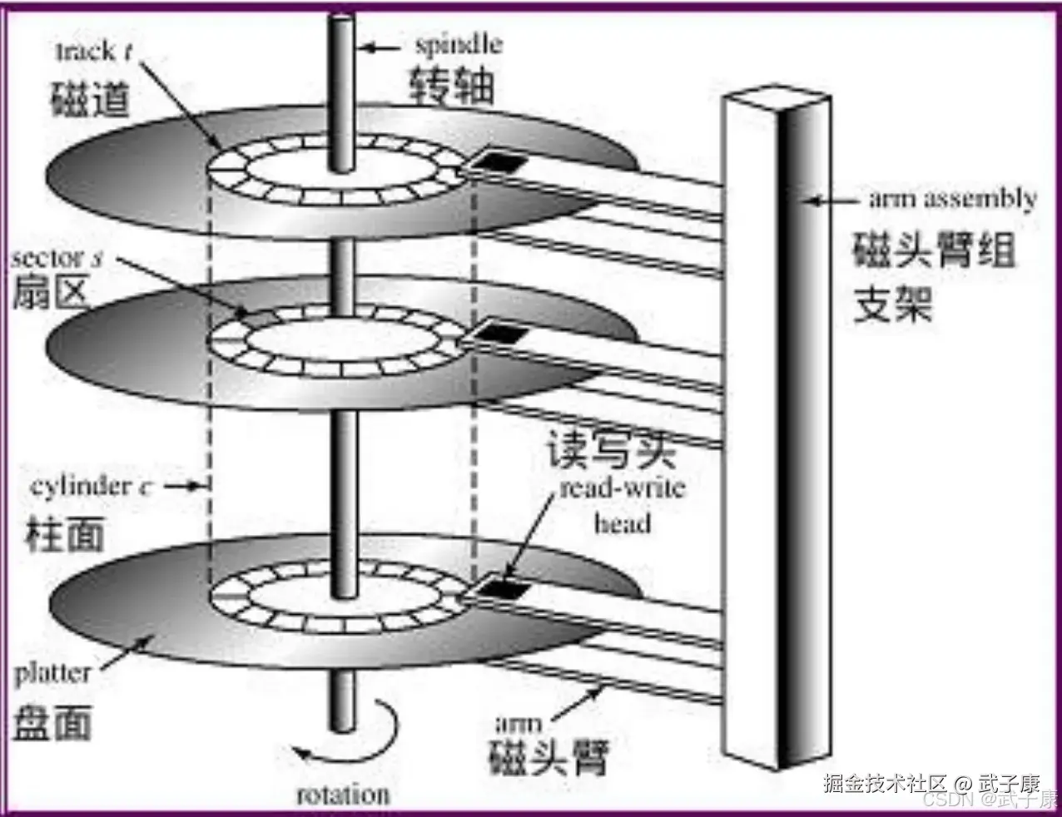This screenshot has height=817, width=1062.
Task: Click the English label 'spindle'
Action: [x=459, y=44]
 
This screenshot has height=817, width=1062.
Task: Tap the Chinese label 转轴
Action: [x=452, y=86]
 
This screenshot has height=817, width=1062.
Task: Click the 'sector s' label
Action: [x=57, y=258]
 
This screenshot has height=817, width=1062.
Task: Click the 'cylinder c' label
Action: [x=91, y=486]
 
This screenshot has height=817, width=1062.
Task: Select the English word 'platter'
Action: [x=52, y=673]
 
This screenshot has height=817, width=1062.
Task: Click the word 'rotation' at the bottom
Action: [x=343, y=795]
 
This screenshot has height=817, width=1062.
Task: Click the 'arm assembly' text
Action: [x=953, y=199]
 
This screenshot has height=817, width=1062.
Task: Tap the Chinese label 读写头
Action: [x=611, y=450]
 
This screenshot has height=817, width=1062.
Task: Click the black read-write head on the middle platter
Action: [x=502, y=334]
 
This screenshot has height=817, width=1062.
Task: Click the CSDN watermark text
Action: [x=949, y=800]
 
